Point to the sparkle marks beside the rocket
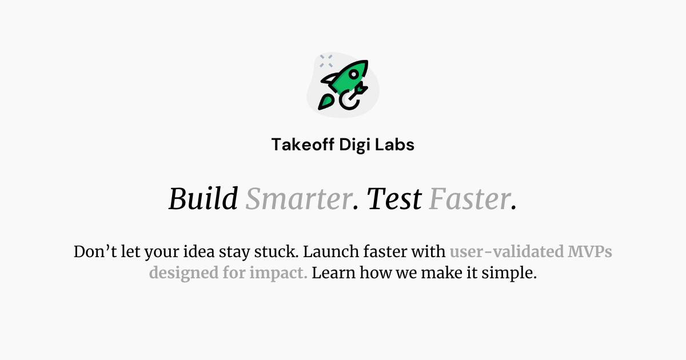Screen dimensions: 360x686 pyautogui.click(x=326, y=61)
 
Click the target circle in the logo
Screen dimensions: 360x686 pyautogui.click(x=349, y=99)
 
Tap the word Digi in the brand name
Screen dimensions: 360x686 pyautogui.click(x=354, y=145)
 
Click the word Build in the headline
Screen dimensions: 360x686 pyautogui.click(x=204, y=199)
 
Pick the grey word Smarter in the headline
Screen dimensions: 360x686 pyautogui.click(x=298, y=199)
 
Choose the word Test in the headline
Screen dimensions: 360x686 pyautogui.click(x=394, y=199)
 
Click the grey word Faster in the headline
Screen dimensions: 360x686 pyautogui.click(x=469, y=199)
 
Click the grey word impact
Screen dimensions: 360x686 pyautogui.click(x=278, y=273)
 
